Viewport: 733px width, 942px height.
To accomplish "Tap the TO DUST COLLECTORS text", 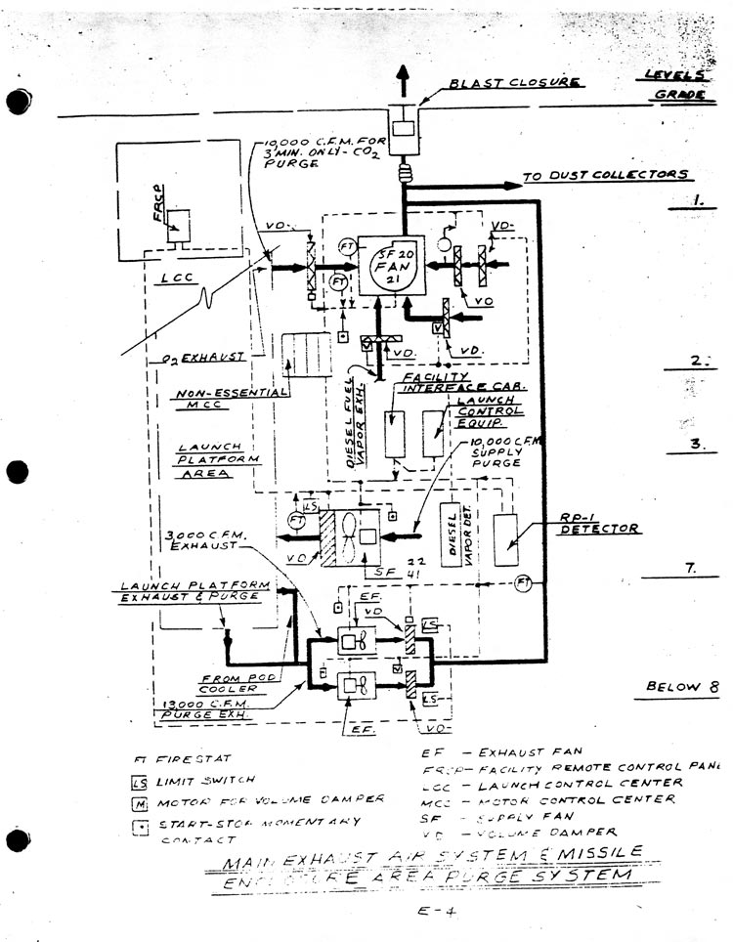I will coord(606,176).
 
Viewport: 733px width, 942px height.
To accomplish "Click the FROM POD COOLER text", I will coord(231,684).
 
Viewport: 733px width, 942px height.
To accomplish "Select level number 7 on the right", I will coord(690,568).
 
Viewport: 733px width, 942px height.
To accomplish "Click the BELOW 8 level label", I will coord(673,686).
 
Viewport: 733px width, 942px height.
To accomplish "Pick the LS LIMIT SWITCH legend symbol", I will coord(138,780).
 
